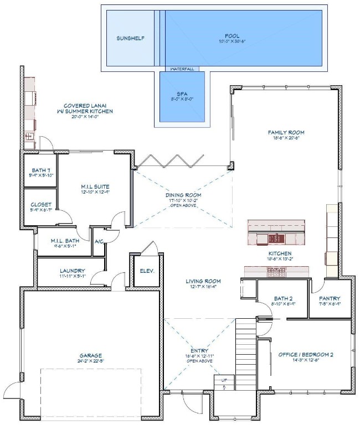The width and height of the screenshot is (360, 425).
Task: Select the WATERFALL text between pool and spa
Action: [x=182, y=69]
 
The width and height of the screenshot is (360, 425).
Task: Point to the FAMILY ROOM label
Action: [x=286, y=133]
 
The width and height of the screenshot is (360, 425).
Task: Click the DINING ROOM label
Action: [x=183, y=195]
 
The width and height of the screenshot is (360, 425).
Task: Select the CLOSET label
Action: [x=41, y=204]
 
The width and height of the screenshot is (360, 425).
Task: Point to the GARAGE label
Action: [x=91, y=355]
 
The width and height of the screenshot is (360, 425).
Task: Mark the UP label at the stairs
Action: [x=224, y=381]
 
